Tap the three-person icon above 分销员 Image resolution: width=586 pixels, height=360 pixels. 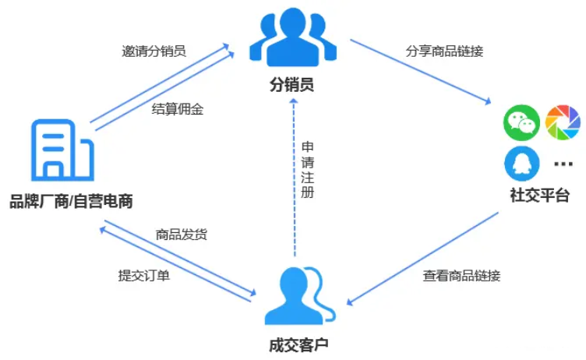click(x=292, y=39)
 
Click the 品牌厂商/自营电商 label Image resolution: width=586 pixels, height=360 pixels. click(x=71, y=201)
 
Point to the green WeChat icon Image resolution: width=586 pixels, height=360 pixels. click(x=521, y=123)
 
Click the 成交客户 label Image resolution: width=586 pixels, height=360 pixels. click(x=293, y=342)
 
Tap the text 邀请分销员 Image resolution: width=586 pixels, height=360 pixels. click(x=154, y=51)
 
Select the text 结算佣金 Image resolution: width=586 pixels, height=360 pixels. click(x=177, y=109)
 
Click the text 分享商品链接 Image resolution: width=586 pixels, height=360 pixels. click(x=444, y=51)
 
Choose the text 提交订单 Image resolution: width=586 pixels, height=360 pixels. click(x=144, y=274)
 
